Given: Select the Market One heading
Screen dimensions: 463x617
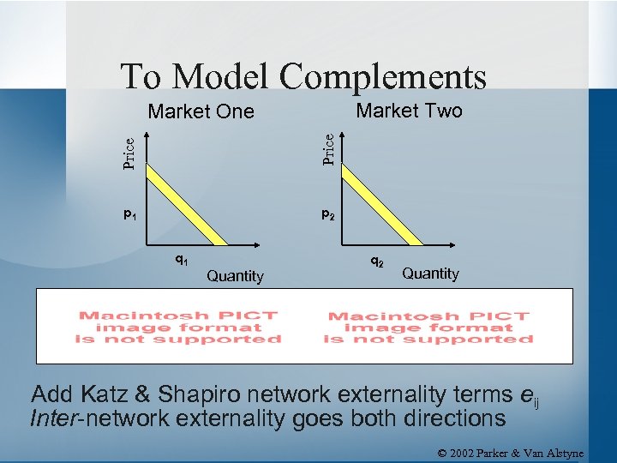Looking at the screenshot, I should click(x=201, y=111).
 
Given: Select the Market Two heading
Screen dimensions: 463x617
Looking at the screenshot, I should click(x=409, y=111).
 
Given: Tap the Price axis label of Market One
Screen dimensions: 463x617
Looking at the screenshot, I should click(x=129, y=153).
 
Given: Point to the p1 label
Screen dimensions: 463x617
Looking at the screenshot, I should click(x=129, y=214).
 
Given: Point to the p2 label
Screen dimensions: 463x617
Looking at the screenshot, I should click(x=328, y=214).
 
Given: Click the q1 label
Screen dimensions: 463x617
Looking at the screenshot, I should click(x=182, y=259).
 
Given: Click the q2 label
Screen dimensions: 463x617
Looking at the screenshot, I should click(x=377, y=259).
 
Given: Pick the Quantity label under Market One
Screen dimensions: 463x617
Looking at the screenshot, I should click(x=235, y=276).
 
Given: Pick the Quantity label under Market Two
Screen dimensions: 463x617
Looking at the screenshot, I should click(x=430, y=274).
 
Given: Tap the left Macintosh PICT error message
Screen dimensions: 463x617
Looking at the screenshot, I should click(x=178, y=328).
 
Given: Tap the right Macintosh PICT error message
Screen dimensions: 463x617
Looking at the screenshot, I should click(x=428, y=328).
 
